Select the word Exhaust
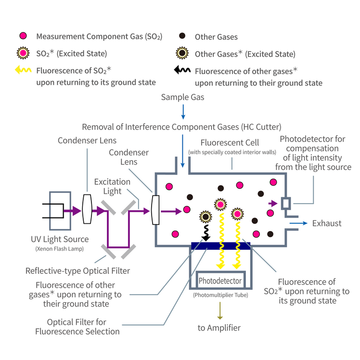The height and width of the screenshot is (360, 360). click(x=326, y=223)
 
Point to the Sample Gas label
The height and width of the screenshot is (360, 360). click(x=182, y=97)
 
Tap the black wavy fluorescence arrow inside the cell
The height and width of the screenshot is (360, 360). click(x=206, y=232)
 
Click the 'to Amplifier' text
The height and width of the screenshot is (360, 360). click(x=219, y=328)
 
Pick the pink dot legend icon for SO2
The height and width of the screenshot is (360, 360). click(x=22, y=37)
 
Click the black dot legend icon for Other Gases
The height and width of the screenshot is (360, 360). click(x=182, y=37)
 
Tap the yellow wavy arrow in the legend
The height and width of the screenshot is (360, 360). click(x=22, y=70)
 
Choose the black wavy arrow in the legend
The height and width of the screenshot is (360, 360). click(x=182, y=70)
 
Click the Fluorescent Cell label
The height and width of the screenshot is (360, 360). click(x=230, y=142)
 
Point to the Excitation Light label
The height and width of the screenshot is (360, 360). click(x=112, y=186)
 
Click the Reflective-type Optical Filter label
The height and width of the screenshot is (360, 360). click(x=77, y=270)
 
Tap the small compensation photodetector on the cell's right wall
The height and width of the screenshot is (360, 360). click(x=286, y=204)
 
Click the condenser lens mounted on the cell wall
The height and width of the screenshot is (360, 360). click(x=155, y=210)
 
